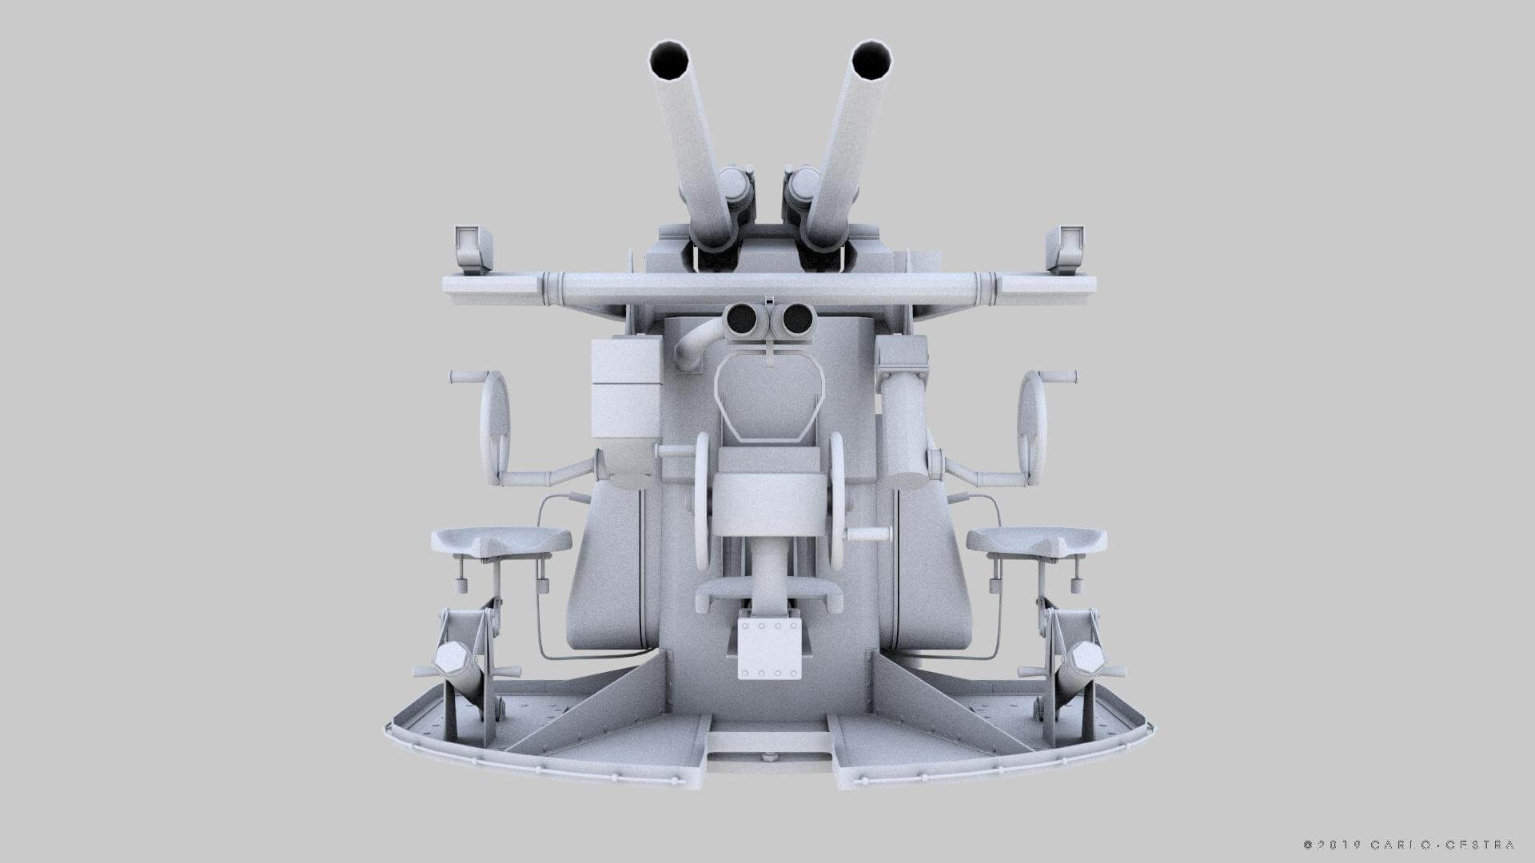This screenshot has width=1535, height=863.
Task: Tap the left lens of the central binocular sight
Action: [x=742, y=320]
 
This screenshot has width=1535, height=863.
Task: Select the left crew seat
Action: [x=501, y=542]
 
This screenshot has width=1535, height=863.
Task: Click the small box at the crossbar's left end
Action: [x=472, y=247]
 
